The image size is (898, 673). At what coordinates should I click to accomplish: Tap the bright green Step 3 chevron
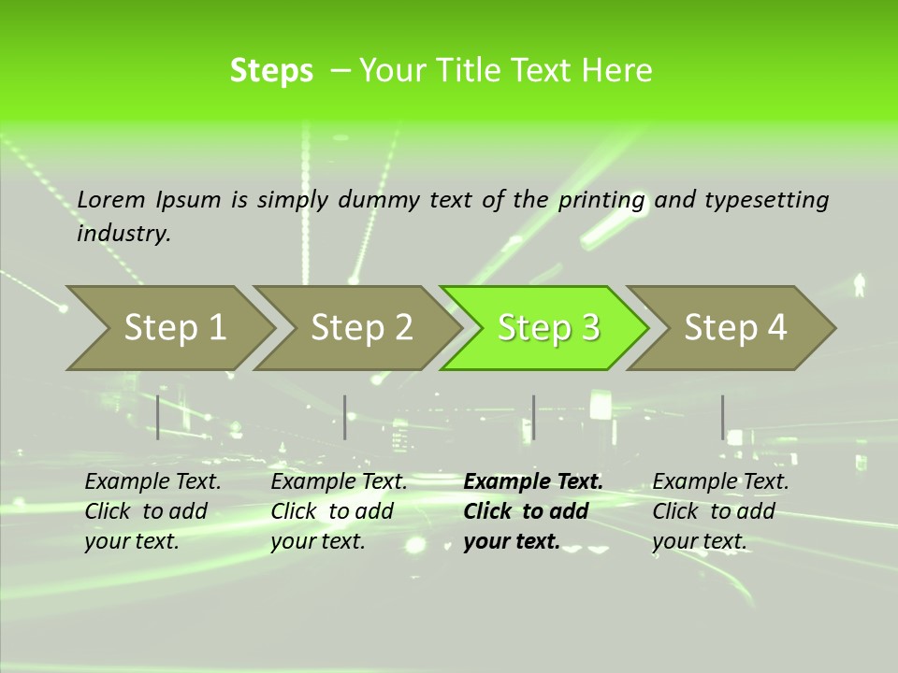click(548, 328)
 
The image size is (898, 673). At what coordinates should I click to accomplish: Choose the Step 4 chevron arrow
click(735, 328)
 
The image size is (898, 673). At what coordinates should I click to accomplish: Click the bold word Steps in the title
click(271, 71)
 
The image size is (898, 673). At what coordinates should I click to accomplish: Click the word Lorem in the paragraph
click(111, 199)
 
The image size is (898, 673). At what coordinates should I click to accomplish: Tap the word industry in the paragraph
click(123, 233)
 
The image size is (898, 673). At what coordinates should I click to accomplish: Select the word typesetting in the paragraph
click(766, 199)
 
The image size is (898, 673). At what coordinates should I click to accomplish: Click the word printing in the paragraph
click(601, 199)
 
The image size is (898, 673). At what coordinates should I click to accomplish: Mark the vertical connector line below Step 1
click(158, 417)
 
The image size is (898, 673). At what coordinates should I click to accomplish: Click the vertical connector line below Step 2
click(345, 417)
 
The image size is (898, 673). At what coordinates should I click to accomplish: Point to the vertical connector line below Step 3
click(533, 417)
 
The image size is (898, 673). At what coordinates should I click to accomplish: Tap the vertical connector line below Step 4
click(722, 417)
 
